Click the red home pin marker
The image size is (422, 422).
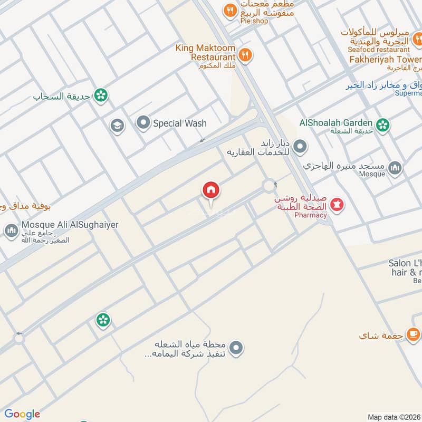click(211, 190)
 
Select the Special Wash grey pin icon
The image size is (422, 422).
click(143, 123)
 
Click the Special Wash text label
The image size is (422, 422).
click(179, 123)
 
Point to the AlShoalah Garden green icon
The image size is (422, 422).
click(383, 124)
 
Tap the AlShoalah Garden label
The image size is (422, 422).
click(336, 123)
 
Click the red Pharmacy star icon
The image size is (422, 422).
click(337, 204)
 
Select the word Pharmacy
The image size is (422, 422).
click(311, 215)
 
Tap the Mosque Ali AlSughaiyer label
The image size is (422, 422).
click(70, 225)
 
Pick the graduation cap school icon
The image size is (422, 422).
click(117, 126)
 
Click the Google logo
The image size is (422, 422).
click(22, 414)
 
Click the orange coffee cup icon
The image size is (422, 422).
click(413, 333)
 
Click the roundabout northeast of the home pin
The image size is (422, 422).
click(270, 186)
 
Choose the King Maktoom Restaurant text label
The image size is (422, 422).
click(206, 52)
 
